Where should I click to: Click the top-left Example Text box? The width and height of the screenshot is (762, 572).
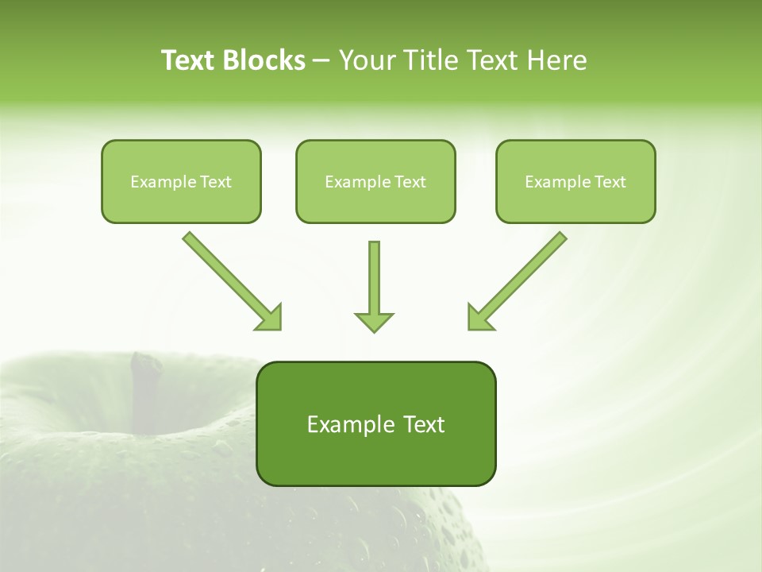click(x=181, y=181)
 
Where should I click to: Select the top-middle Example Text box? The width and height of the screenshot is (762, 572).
click(x=375, y=181)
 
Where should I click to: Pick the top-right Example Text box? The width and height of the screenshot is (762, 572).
click(x=575, y=181)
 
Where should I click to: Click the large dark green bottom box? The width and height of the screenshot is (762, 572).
click(x=375, y=423)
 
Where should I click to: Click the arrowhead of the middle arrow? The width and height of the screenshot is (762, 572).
click(x=374, y=321)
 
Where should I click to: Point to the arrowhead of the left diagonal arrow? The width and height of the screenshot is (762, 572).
click(x=270, y=318)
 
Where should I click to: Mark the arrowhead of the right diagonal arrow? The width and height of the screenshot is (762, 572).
click(x=479, y=318)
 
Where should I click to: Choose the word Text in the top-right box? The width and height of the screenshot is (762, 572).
click(x=610, y=182)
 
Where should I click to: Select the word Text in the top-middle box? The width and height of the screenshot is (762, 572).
click(x=410, y=182)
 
